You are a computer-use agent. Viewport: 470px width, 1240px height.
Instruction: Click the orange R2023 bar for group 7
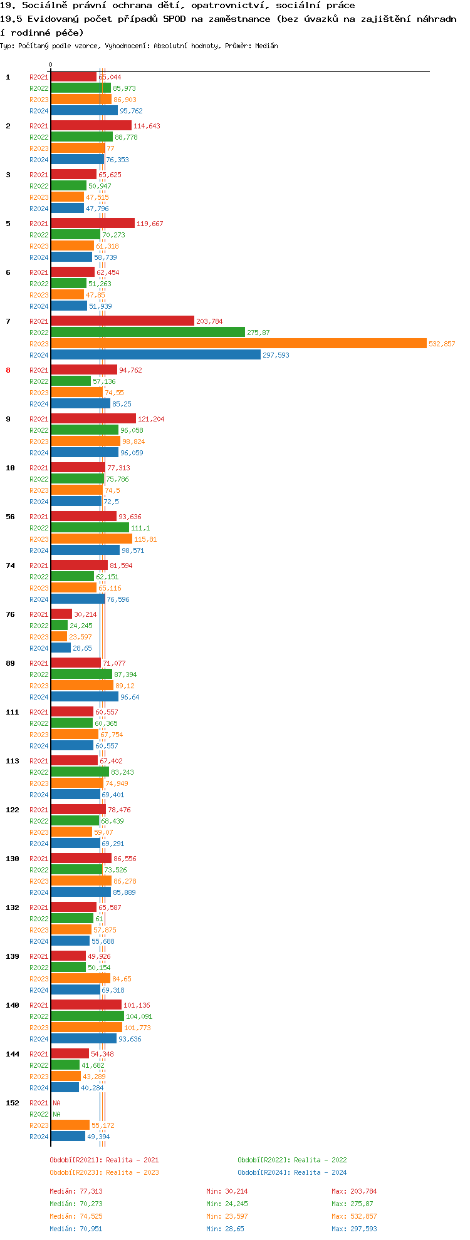point(238,343)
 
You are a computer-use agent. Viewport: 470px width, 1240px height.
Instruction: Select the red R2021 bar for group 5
point(93,223)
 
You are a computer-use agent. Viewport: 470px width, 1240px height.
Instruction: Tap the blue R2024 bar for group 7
point(155,354)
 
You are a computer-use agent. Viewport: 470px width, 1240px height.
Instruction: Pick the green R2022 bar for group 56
point(90,527)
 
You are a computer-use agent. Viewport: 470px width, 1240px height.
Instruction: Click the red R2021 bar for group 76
point(61,614)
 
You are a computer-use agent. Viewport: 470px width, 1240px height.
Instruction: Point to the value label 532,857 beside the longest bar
point(442,344)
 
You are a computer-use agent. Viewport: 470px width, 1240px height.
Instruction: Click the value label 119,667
point(150,224)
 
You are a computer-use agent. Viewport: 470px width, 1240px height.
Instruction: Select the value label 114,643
point(147,126)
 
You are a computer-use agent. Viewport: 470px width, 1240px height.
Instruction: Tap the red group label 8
point(8,370)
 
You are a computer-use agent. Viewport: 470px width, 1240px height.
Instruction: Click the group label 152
point(12,1103)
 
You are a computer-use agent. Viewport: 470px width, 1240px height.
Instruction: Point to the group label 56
point(10,517)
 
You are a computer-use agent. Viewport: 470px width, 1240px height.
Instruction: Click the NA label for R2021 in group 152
point(56,1103)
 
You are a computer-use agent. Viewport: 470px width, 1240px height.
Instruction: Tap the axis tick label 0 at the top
point(51,65)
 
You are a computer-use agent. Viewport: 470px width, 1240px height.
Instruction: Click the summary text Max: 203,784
point(354,1191)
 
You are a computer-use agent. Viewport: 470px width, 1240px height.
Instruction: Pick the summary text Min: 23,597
point(227,1216)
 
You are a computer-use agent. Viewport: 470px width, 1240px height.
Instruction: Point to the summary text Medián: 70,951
point(76,1229)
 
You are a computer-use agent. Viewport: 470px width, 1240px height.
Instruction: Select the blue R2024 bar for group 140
point(83,1038)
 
